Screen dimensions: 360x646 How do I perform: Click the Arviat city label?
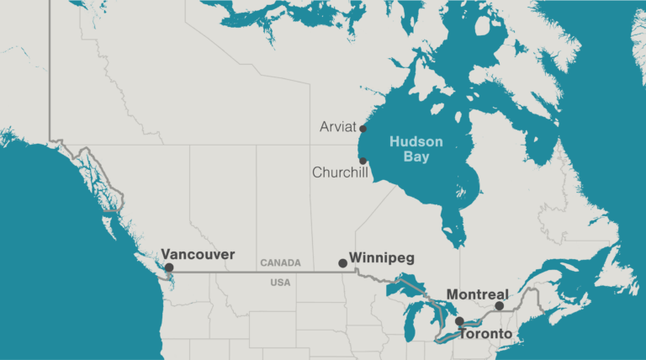pos(338,127)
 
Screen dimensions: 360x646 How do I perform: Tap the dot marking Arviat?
pos(363,129)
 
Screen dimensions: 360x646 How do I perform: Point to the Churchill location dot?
pos(363,161)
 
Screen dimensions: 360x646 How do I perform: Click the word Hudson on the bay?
pos(416,142)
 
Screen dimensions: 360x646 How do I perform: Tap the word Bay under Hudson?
pos(416,156)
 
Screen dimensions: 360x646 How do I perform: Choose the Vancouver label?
pos(198,254)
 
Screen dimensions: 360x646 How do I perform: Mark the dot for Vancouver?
pos(169,267)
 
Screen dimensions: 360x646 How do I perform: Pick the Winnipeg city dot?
pos(342,263)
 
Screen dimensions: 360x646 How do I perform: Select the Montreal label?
pos(478,294)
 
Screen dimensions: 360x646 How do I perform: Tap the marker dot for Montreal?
pos(499,306)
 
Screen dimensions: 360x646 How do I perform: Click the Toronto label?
pos(484,334)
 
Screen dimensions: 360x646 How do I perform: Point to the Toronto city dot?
pos(459,321)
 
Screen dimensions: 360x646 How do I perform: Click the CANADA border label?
pos(280,263)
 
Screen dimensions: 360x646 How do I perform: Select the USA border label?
pos(280,283)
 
